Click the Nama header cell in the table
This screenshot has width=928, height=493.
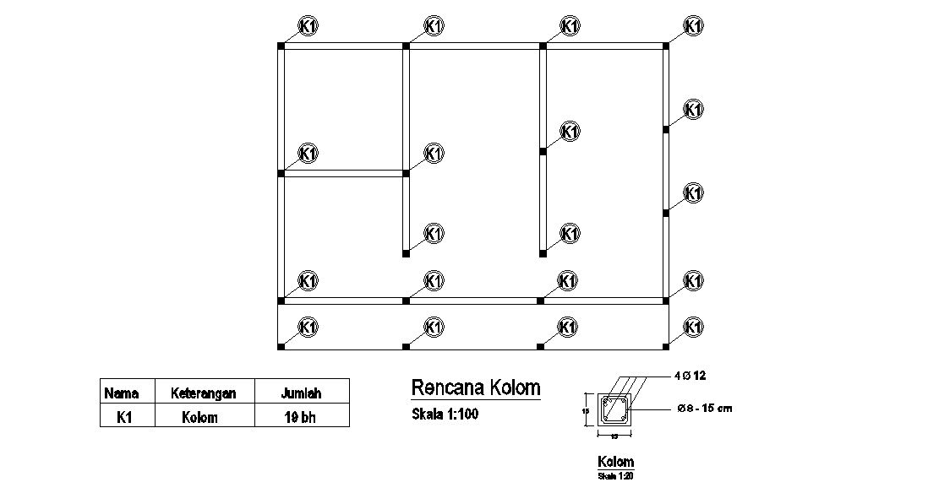(x=121, y=393)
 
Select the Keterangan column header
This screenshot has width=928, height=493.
(x=203, y=393)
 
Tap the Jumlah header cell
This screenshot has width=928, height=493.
(x=301, y=393)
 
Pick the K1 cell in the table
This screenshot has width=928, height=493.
(x=121, y=416)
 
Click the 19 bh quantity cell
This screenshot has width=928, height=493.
(x=301, y=416)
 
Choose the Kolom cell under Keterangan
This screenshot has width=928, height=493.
(x=200, y=416)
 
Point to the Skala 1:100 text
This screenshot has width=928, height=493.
(x=445, y=414)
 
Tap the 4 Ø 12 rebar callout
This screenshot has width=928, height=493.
(x=692, y=374)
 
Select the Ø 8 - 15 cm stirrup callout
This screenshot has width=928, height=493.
(x=705, y=409)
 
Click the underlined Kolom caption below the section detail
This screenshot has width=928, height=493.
(x=615, y=462)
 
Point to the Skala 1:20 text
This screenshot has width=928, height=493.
(x=615, y=476)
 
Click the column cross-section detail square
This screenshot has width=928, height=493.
(x=614, y=410)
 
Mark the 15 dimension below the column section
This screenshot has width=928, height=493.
(x=614, y=436)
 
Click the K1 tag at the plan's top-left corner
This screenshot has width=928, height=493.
(x=308, y=26)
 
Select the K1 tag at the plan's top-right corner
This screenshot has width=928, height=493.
(x=693, y=26)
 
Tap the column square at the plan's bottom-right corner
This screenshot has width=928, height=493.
(x=666, y=346)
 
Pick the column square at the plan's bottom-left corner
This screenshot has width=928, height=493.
(x=281, y=346)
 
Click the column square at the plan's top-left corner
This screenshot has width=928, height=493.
(x=281, y=46)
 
